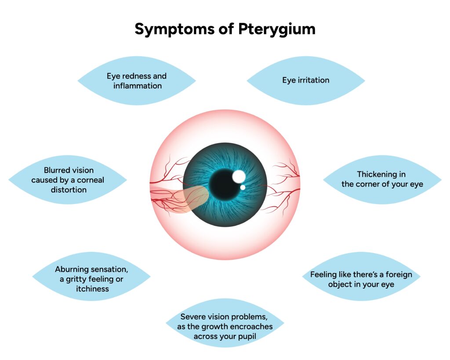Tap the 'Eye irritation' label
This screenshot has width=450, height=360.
coord(305,80)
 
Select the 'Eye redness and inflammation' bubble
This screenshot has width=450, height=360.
coord(137,81)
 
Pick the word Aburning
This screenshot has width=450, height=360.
coord(73,269)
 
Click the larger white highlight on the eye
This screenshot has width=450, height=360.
coord(239,177)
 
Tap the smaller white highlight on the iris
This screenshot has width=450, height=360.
coord(243,188)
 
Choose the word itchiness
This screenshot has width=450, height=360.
coord(91,289)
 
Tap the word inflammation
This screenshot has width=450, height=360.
coord(138,86)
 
